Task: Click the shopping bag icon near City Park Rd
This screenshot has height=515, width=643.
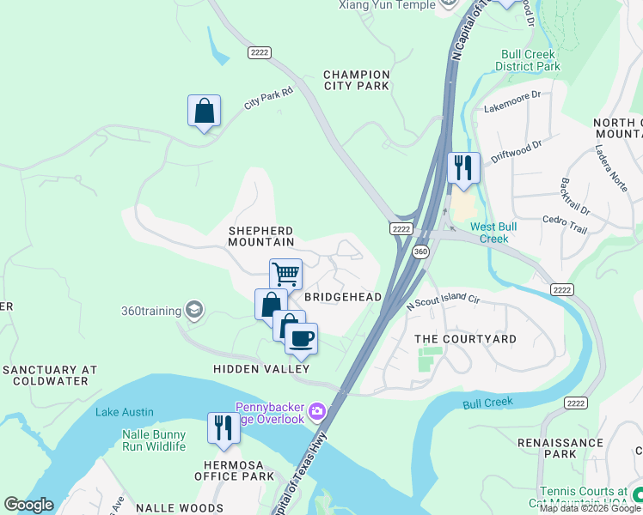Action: [x=204, y=112]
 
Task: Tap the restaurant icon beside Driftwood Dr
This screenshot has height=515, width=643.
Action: [x=463, y=168]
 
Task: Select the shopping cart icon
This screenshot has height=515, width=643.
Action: [x=285, y=276]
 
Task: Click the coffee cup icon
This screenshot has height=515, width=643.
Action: [x=301, y=339]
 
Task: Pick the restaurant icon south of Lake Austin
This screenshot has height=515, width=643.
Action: [x=224, y=428]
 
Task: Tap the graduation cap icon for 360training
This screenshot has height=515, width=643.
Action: [x=194, y=310]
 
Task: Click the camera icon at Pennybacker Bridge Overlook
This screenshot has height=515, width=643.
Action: [x=317, y=413]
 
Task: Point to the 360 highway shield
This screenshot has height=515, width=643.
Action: [x=420, y=251]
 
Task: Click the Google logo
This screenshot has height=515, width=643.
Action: [x=28, y=505]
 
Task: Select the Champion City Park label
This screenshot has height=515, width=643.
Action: [x=357, y=80]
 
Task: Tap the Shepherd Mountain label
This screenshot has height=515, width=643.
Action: [x=261, y=237]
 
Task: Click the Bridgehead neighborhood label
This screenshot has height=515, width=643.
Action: [x=344, y=296]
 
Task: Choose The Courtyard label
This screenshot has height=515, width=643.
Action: [x=466, y=339]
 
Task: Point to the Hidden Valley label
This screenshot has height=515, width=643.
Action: [x=261, y=369]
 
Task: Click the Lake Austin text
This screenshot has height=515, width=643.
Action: [x=119, y=412]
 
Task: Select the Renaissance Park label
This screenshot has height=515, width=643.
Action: [x=560, y=447]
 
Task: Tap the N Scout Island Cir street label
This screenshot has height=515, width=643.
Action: [x=443, y=300]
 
